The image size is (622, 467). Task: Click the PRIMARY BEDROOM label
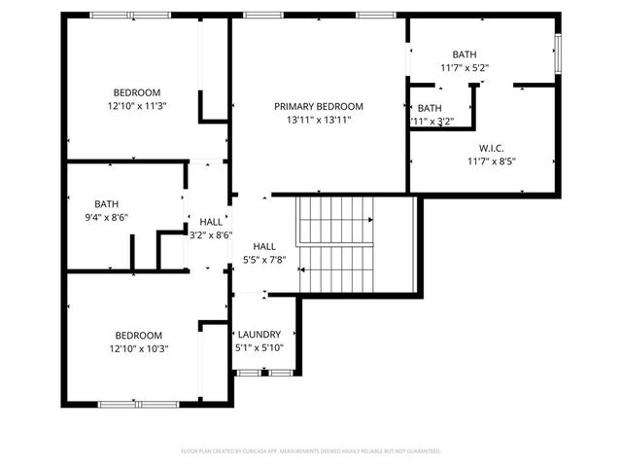318,106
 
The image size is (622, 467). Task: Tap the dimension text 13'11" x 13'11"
318,120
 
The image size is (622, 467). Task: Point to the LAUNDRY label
259,334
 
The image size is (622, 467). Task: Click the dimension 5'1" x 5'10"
259,347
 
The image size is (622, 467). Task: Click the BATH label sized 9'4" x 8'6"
106,204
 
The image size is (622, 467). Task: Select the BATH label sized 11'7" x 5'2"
464,54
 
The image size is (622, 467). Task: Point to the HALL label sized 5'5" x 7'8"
264,247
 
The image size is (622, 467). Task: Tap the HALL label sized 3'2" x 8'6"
210,222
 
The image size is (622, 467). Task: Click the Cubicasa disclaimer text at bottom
311,451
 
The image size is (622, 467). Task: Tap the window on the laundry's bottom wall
265,372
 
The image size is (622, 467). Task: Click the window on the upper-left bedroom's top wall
126,16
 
